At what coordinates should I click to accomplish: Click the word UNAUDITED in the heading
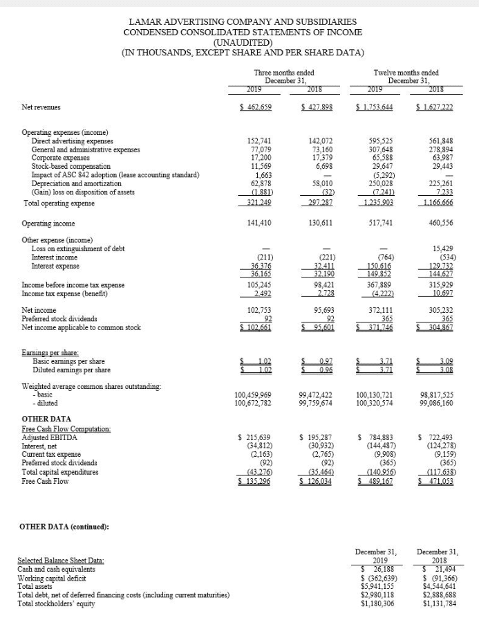pyautogui.click(x=238, y=42)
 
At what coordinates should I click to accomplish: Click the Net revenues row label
pyautogui.click(x=41, y=107)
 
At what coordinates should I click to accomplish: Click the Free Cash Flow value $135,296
pyautogui.click(x=254, y=483)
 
